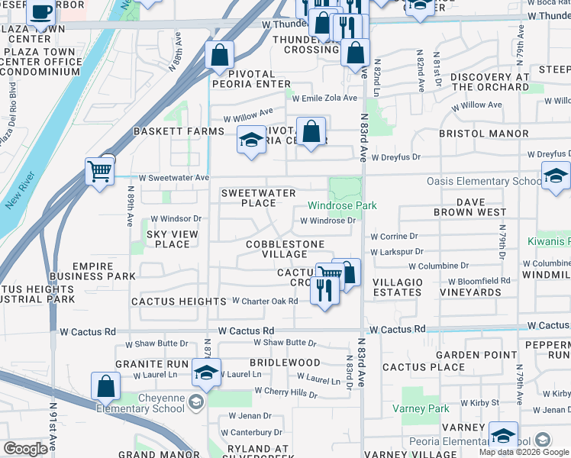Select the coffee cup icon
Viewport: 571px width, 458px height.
[40, 13]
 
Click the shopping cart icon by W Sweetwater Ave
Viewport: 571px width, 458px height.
[100, 169]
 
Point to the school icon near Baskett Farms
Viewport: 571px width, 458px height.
[251, 140]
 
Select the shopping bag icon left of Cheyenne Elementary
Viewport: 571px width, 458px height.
[105, 386]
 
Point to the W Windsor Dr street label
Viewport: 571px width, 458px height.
[176, 219]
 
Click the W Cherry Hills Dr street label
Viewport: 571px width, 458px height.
[285, 392]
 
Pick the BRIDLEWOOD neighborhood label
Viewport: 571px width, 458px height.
[285, 362]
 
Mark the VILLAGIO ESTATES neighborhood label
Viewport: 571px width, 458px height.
[397, 287]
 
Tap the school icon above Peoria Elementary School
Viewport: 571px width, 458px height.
[503, 435]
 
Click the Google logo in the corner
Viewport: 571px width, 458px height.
[25, 449]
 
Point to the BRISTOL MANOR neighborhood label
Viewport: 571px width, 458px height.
[483, 134]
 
